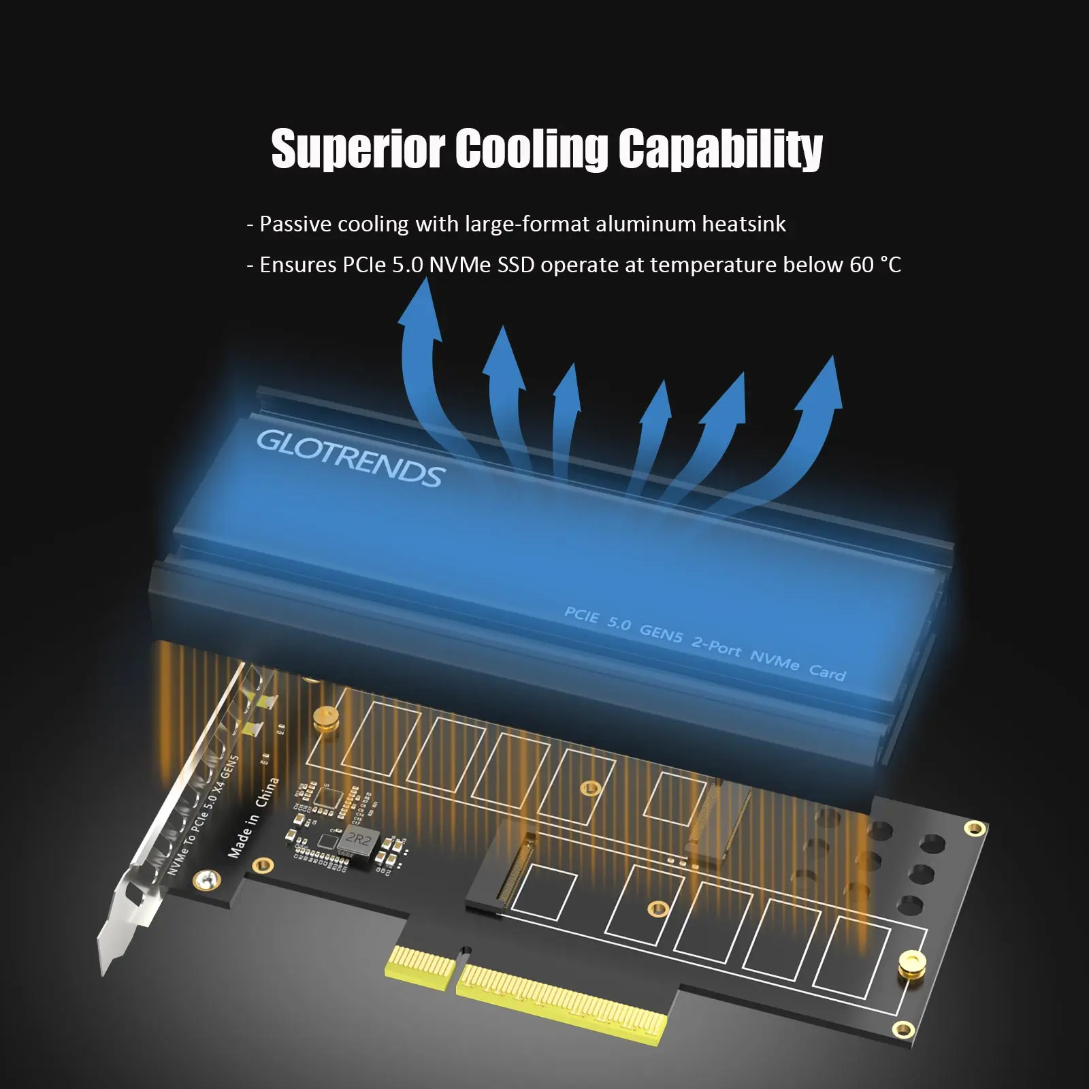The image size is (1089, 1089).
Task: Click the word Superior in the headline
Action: pos(357,148)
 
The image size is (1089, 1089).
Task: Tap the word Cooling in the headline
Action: pos(531,148)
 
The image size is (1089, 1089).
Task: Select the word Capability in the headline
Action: pos(720,148)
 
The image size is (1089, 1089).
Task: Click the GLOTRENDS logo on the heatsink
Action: pos(351,459)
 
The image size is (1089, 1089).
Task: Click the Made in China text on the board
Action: pos(253,817)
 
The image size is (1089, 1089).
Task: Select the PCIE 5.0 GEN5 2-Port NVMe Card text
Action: pos(704,644)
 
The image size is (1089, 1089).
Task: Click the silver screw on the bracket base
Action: pos(205,880)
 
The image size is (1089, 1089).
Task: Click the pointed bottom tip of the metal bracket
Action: pos(105,966)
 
